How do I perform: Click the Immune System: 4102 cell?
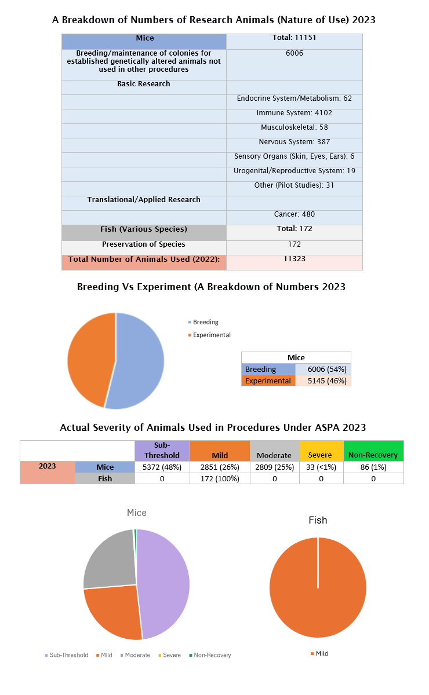pos(294,113)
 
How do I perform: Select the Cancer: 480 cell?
pos(294,214)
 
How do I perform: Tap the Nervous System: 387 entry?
pos(294,142)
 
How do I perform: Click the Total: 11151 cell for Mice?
pos(294,38)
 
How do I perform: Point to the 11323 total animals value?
pos(294,259)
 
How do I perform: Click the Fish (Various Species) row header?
pos(144,229)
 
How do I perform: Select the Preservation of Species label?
pos(144,244)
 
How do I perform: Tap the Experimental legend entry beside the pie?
pos(212,335)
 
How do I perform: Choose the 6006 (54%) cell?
pos(323,370)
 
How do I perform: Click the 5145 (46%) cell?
pos(323,381)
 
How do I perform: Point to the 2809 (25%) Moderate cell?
pos(274,467)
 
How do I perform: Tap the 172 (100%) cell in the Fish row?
pos(219,479)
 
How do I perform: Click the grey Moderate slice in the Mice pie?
pos(110,559)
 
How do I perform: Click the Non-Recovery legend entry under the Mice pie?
pos(212,655)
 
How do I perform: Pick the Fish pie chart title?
pos(318,521)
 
